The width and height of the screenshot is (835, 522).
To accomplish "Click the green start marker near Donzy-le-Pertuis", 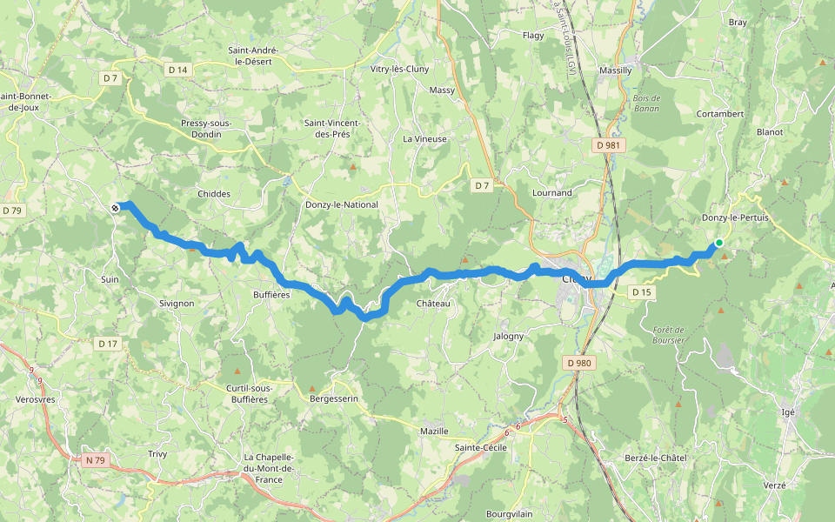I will click(x=719, y=243).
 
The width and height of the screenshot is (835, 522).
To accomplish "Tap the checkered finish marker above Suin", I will click(x=116, y=207).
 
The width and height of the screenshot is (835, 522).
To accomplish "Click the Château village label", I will click(x=433, y=304).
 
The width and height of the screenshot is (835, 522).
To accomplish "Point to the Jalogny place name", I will click(x=509, y=336).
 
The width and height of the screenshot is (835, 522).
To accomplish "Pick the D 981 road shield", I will click(x=609, y=145).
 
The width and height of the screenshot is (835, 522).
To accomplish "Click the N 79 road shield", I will click(x=95, y=460).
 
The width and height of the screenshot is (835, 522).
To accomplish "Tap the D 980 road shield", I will click(x=578, y=362).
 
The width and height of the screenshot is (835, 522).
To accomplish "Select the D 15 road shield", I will click(x=641, y=291).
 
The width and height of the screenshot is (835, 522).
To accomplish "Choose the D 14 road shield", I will click(x=177, y=69).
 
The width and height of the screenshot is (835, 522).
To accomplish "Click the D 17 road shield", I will click(x=107, y=344).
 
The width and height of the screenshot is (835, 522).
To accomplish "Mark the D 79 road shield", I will click(x=11, y=211).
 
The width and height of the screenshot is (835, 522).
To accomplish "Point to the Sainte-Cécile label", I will click(x=481, y=447).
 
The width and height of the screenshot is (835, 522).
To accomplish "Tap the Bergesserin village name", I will click(x=334, y=398).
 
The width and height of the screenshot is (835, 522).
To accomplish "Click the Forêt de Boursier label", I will click(x=669, y=335).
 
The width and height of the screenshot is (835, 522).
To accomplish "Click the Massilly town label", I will click(x=615, y=70).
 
